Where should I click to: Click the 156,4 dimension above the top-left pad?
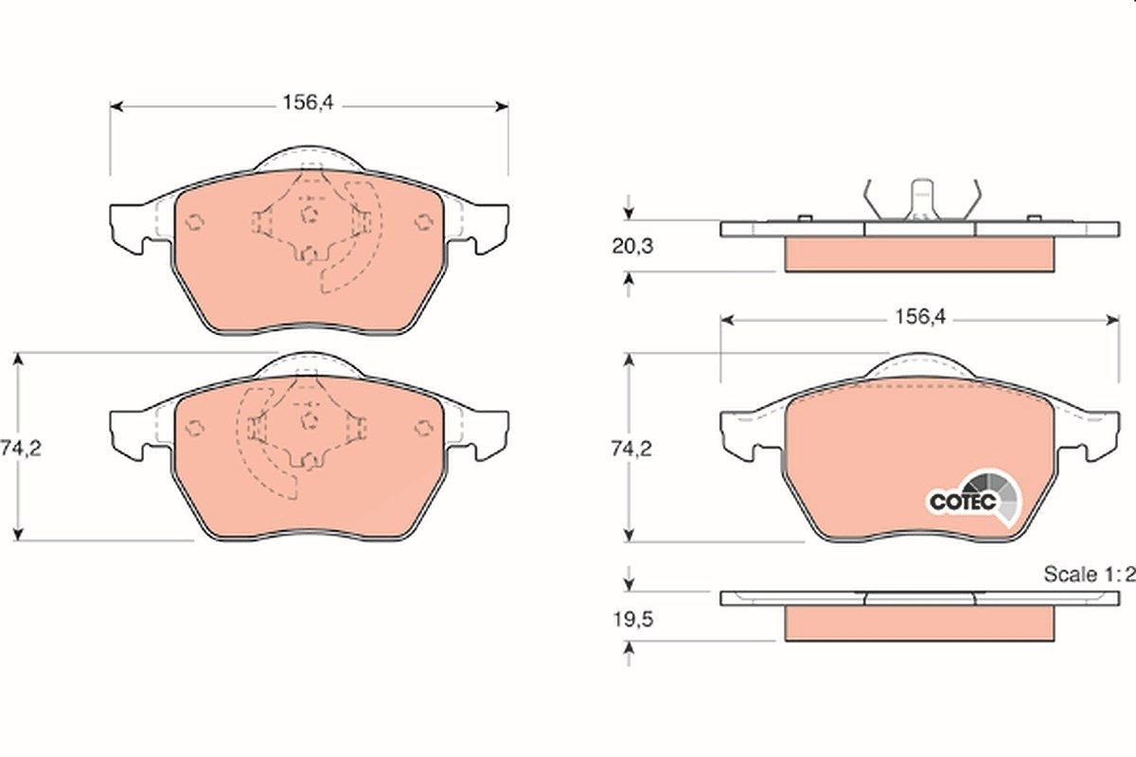309,103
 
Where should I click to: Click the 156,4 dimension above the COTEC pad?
920,317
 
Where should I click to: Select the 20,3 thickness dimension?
632,246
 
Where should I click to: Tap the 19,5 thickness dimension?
633,620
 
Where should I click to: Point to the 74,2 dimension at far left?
20,449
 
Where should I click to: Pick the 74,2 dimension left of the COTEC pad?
630,449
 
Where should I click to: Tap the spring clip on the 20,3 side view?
922,200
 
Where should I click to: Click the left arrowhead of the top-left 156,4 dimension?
116,107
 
